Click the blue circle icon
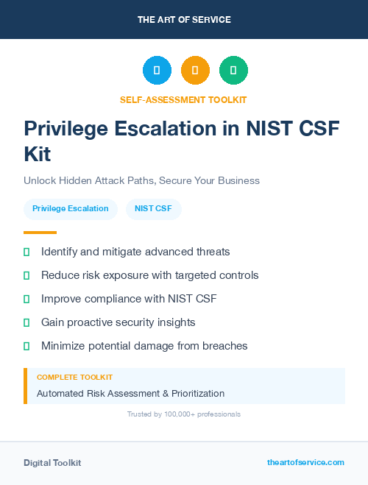[x=157, y=71]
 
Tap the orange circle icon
[x=195, y=71]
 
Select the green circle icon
[x=233, y=71]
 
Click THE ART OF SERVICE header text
[x=184, y=19]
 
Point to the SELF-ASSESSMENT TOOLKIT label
[x=183, y=99]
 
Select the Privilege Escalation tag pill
[x=71, y=209]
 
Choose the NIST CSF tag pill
[x=154, y=209]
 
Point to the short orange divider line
[x=40, y=232]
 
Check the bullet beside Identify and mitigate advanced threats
[x=26, y=252]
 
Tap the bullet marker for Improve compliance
[x=26, y=299]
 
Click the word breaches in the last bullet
[x=225, y=346]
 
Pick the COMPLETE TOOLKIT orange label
[x=74, y=378]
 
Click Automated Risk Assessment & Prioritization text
[x=130, y=394]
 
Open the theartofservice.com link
[x=305, y=462]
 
